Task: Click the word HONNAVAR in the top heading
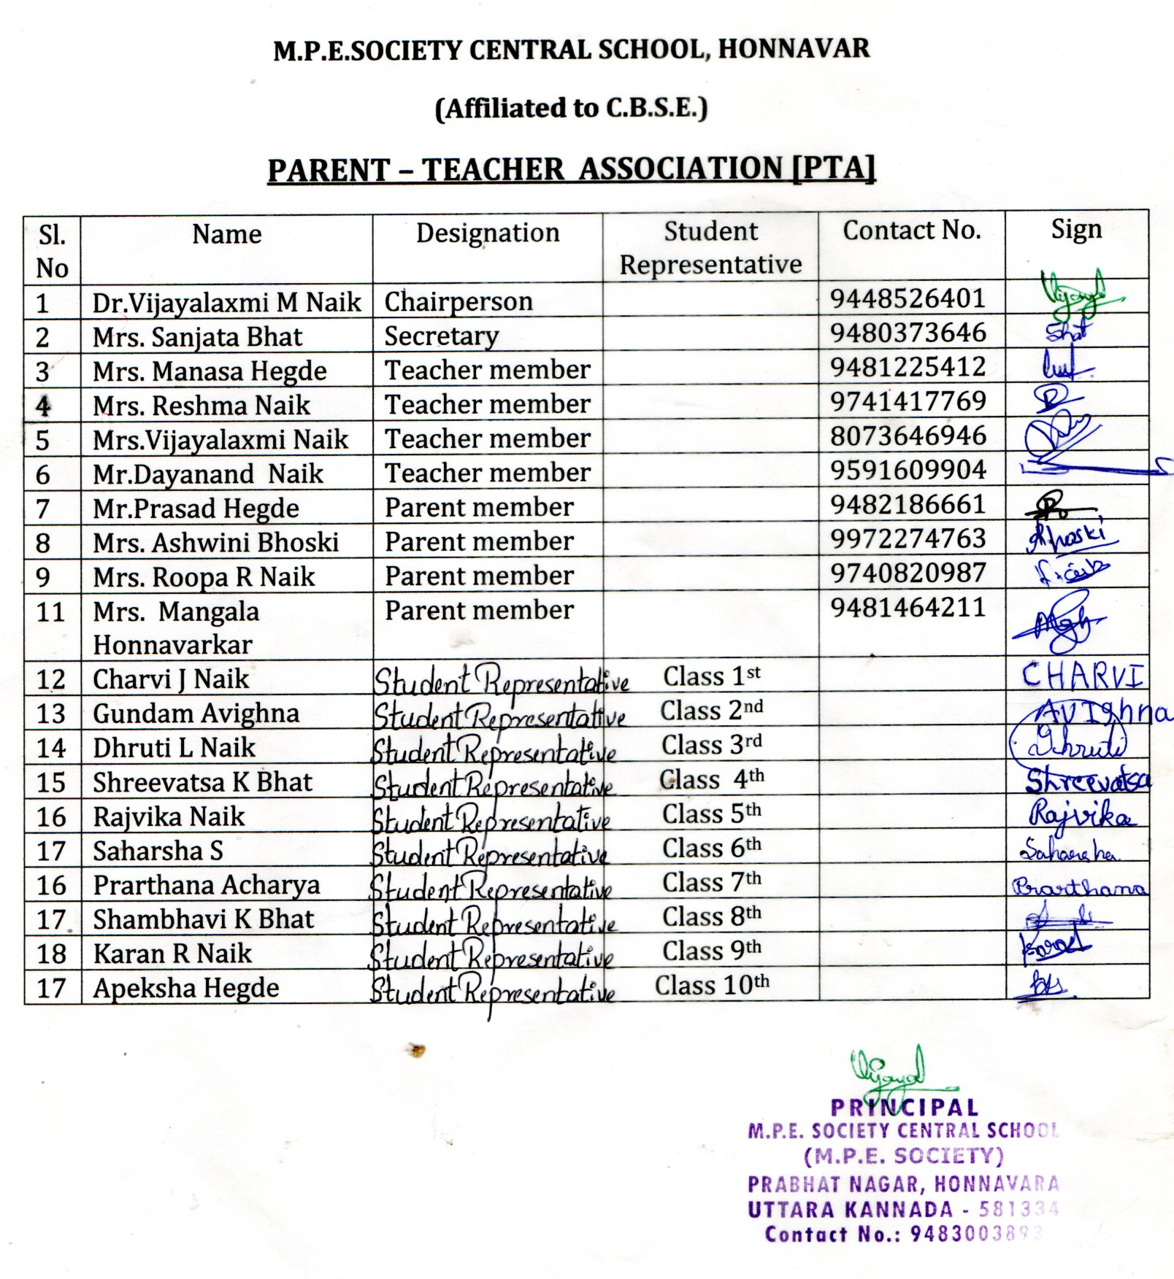pos(794,49)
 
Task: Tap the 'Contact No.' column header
pos(911,231)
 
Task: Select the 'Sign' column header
pos(1075,230)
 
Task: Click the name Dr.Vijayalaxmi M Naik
pos(226,302)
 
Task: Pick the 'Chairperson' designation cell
pos(459,301)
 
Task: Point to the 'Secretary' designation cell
pos(442,336)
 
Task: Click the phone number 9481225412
pos(908,366)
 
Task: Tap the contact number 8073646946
pos(908,436)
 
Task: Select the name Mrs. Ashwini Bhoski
pos(215,542)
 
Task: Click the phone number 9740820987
pos(908,573)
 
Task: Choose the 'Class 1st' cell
pos(711,676)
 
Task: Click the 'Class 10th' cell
pos(711,985)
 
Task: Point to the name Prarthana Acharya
pos(206,885)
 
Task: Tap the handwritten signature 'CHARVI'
pos(1081,676)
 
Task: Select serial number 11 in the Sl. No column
pos(50,611)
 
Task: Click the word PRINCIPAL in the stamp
pos(904,1108)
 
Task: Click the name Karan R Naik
pos(172,954)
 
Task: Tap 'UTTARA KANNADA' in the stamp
pos(850,1210)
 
